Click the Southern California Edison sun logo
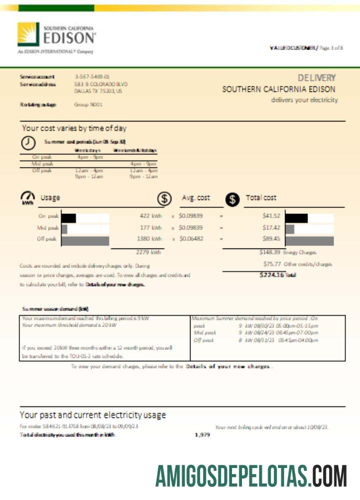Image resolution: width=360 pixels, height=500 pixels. pos(28,34)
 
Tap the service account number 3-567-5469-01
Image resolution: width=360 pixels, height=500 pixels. pos(92,76)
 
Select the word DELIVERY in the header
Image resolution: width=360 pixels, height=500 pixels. pos(317,78)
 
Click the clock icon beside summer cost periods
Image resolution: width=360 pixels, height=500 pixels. pos(28,142)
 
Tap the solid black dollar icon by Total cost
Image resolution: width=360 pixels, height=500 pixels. pos(232,198)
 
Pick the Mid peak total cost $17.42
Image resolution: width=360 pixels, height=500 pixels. pos(271,227)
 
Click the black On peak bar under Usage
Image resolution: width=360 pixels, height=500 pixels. pos(68,218)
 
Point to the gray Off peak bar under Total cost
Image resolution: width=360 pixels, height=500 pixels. pos(309,240)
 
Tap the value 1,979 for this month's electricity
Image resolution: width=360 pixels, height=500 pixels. pos(202,435)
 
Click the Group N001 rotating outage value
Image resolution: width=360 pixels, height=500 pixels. pos(88,104)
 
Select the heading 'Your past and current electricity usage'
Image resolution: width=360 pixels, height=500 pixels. pos(92,415)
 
